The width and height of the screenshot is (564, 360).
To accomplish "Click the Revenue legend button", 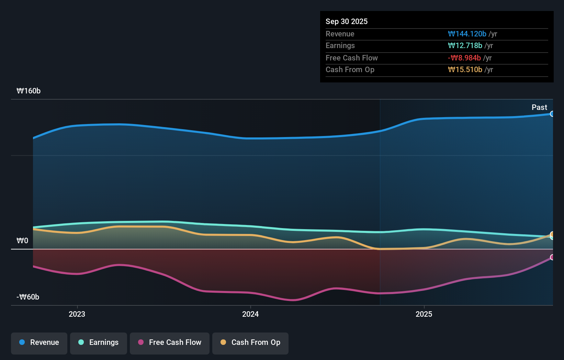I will click(x=39, y=343).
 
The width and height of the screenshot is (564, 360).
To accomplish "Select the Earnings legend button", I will click(x=99, y=343).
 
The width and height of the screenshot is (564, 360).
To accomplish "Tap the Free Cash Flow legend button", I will click(x=170, y=343).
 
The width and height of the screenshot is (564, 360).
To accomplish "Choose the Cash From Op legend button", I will click(x=250, y=343).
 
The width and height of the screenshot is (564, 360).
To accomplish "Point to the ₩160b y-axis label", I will click(x=29, y=91).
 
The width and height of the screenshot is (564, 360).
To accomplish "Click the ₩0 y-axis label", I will click(x=22, y=241).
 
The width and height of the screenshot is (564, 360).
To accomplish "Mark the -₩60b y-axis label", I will click(x=28, y=297).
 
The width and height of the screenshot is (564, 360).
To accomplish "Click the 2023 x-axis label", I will click(x=77, y=314).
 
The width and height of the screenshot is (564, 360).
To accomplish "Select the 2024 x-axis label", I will click(x=250, y=314).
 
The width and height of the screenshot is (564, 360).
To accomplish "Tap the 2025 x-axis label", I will click(x=424, y=314).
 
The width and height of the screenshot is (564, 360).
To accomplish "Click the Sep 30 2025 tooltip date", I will click(x=346, y=22).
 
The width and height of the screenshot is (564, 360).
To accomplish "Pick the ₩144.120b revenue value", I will click(x=467, y=34).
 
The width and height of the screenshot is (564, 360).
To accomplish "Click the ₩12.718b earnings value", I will click(x=465, y=46).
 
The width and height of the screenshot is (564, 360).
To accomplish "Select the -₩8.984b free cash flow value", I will click(x=464, y=58).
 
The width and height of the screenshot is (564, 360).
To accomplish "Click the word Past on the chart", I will click(x=539, y=108).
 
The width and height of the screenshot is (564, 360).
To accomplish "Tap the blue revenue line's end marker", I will click(x=552, y=114).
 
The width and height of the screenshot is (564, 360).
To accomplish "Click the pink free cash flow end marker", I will click(x=552, y=257).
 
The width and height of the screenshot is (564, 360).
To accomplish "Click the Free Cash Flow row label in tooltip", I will click(x=351, y=58).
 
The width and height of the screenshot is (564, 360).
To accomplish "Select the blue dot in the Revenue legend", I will click(x=22, y=342).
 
